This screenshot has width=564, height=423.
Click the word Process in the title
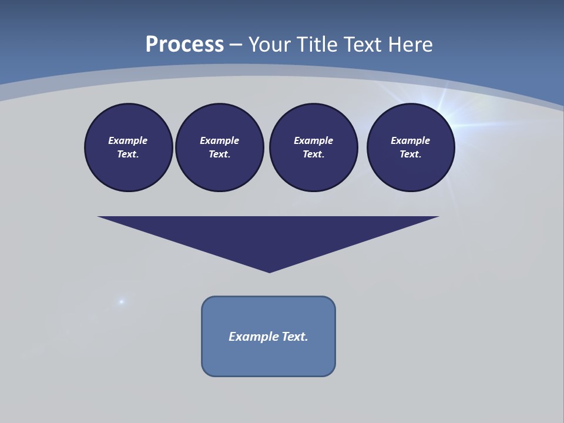tap(184, 45)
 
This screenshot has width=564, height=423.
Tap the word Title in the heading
tap(318, 45)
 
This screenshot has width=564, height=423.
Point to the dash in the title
tap(236, 45)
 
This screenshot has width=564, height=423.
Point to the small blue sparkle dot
tap(122, 302)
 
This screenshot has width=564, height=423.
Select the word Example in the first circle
tap(128, 140)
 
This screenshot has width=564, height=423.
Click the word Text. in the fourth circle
tap(411, 155)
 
